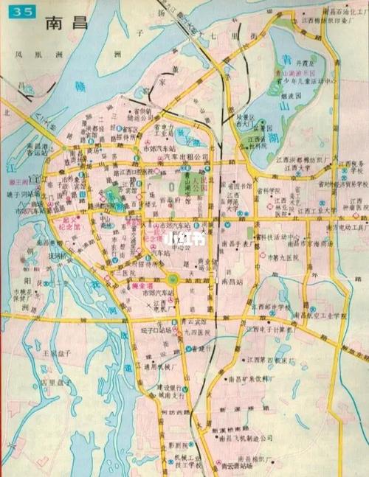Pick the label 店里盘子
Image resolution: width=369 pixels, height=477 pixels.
56,383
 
